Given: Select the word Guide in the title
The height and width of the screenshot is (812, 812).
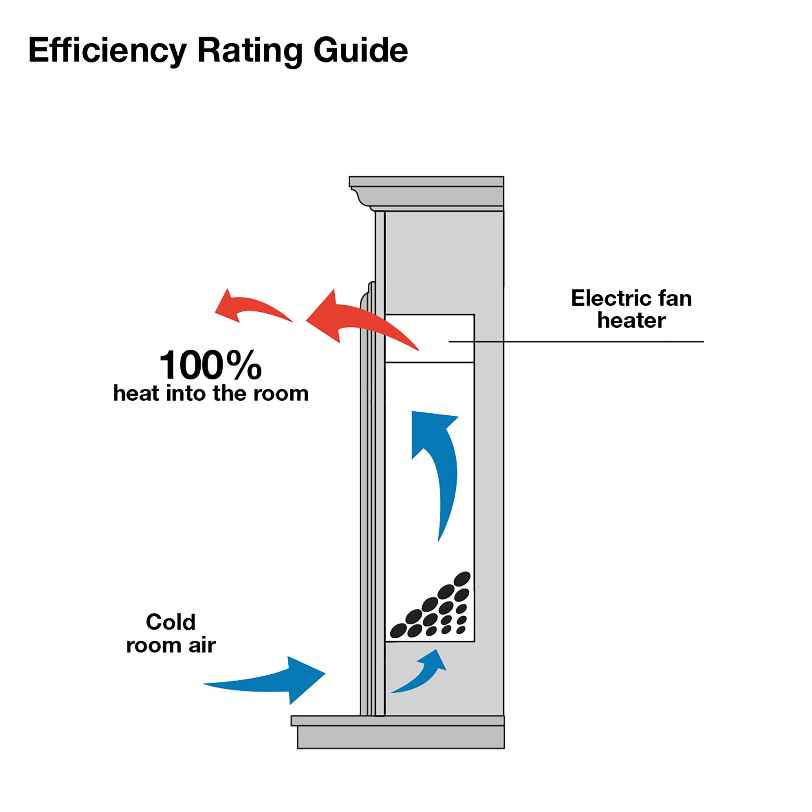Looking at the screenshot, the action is [x=361, y=50].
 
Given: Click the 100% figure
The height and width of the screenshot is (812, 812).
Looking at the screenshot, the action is [x=211, y=365].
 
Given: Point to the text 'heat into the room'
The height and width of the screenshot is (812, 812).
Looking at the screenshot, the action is [x=211, y=394].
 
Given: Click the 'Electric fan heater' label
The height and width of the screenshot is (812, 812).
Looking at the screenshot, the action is [x=631, y=309].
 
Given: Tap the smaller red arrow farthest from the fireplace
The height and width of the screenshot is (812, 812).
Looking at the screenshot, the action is [x=253, y=306].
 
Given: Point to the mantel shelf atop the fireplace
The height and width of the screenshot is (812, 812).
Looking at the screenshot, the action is [x=426, y=193].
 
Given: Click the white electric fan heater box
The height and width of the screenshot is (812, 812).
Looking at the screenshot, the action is [x=430, y=338].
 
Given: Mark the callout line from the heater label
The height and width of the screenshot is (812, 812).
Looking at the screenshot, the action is [x=576, y=342].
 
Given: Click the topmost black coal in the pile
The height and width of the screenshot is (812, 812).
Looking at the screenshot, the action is [x=462, y=578].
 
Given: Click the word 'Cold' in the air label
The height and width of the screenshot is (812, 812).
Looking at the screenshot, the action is [x=171, y=622].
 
